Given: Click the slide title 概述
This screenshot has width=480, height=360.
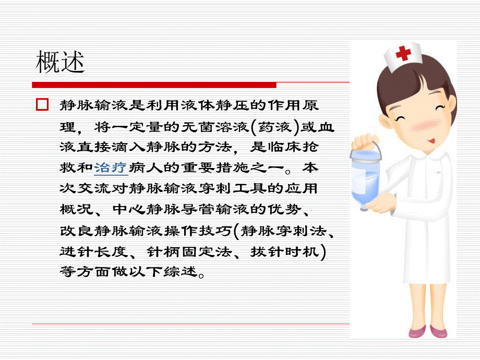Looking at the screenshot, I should [61, 63].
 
